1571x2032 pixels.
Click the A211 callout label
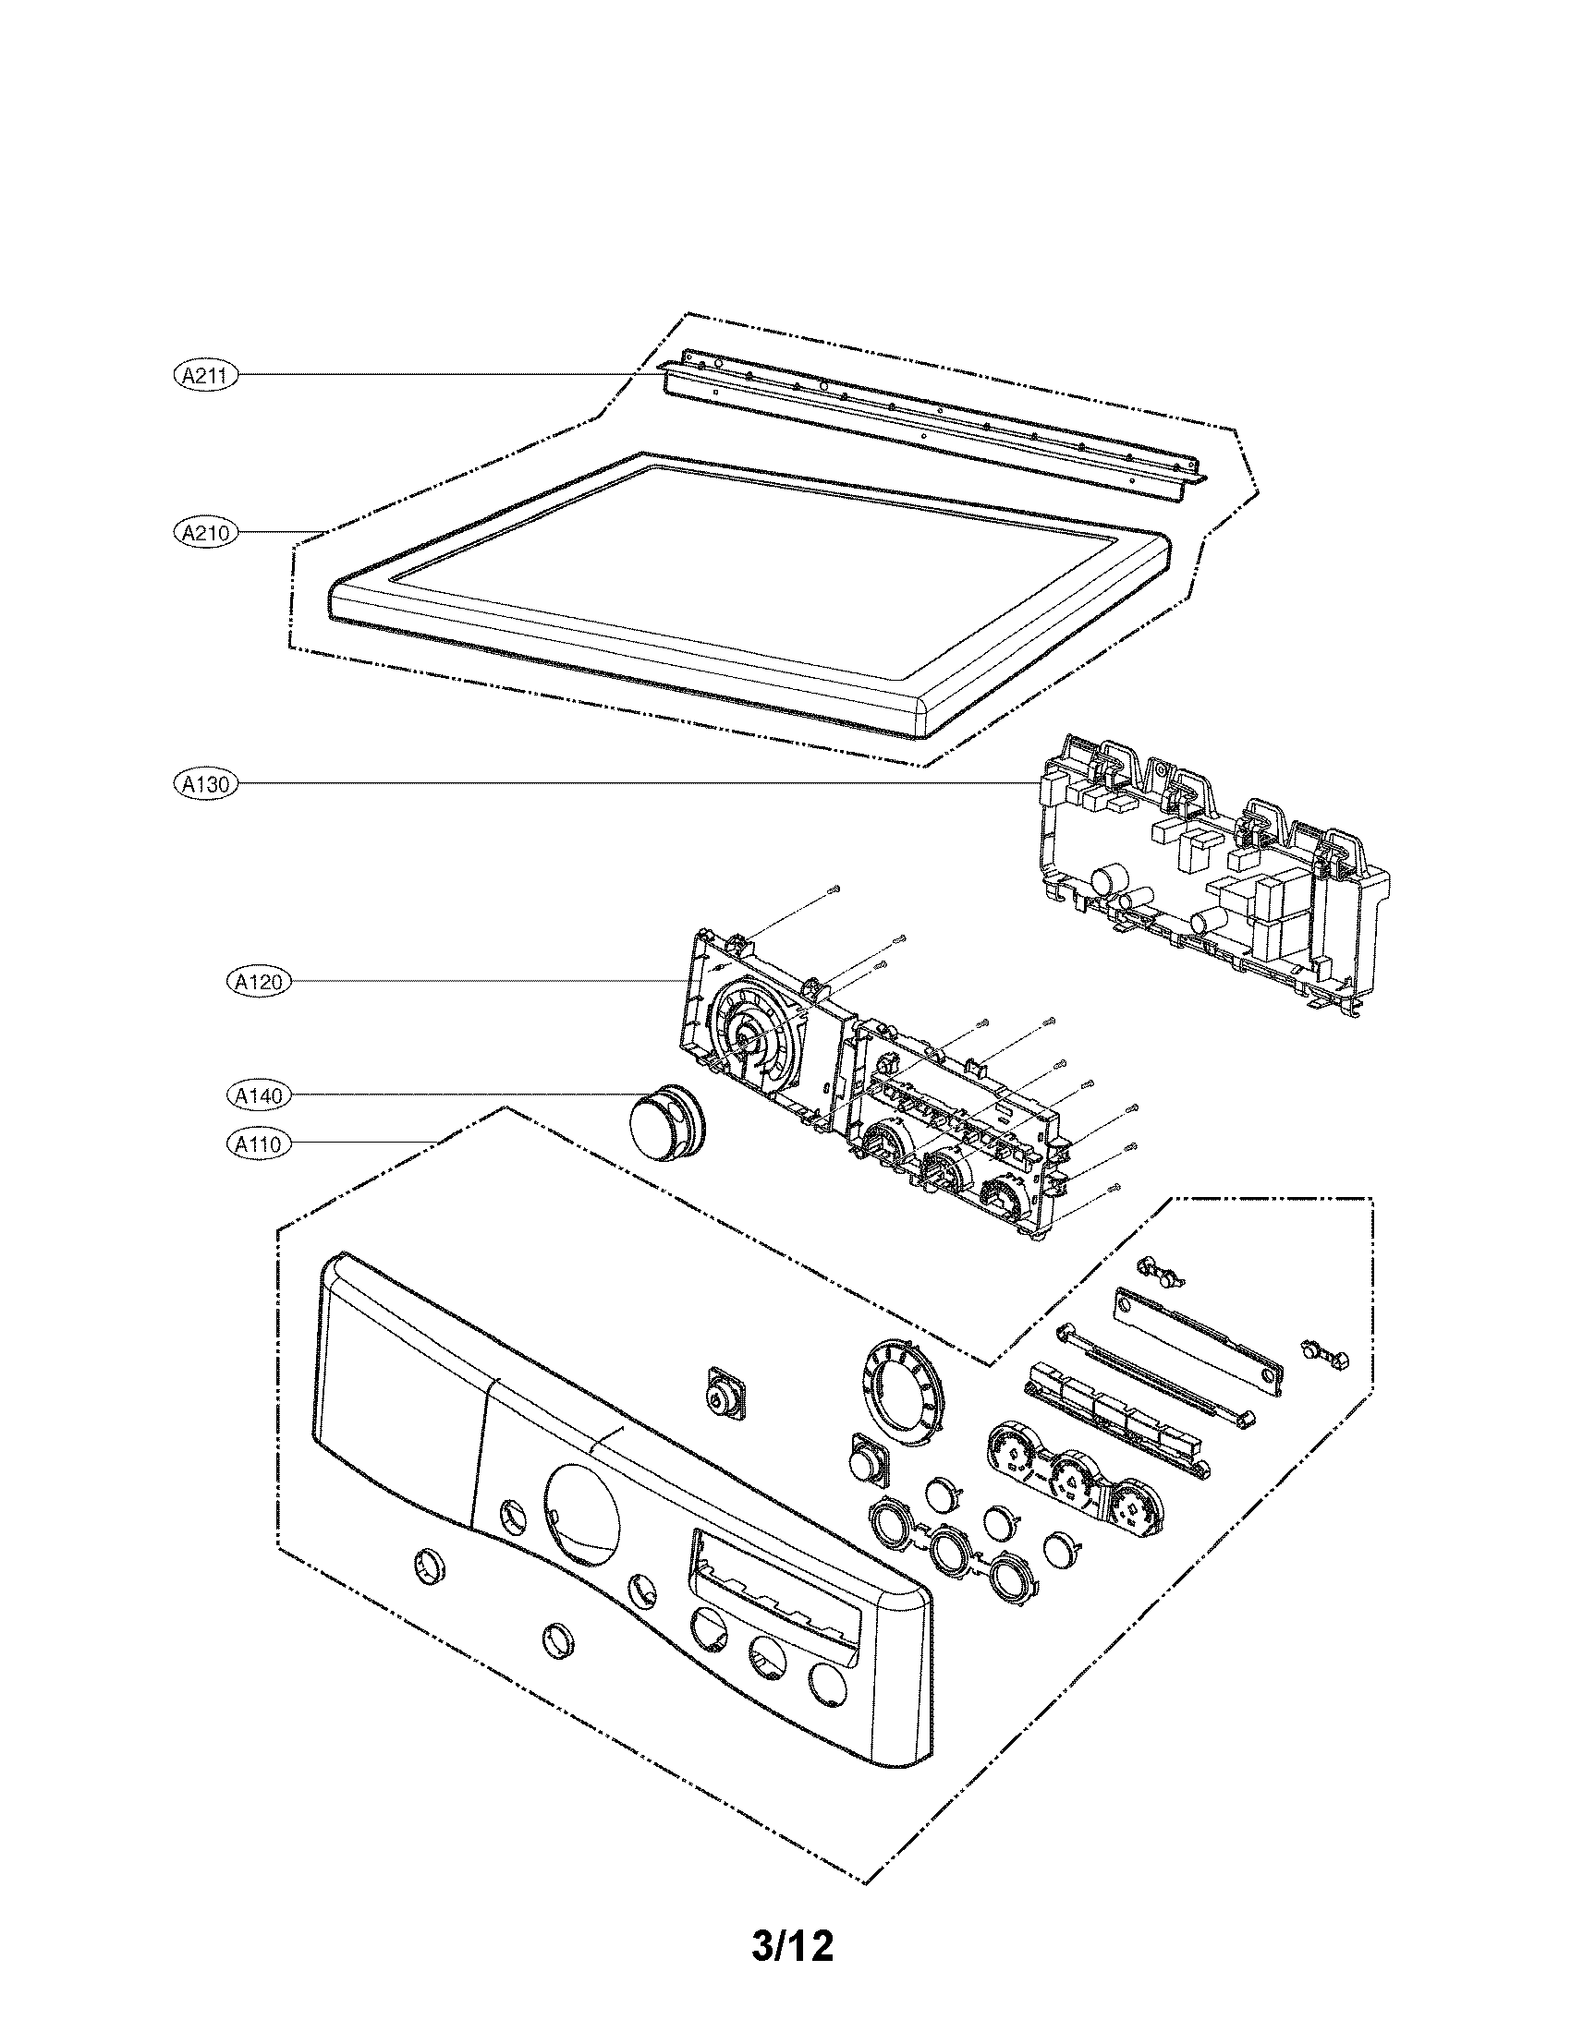pos(206,375)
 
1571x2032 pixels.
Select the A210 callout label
pos(206,533)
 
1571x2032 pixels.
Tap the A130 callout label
pos(206,783)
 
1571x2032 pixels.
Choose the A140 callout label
pos(259,1096)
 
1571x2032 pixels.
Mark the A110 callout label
pos(259,1143)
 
